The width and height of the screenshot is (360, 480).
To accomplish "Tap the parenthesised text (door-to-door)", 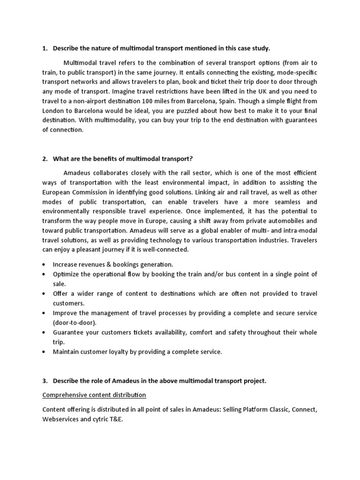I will pos(74,322).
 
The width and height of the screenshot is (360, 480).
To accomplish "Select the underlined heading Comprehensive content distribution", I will pos(94,395).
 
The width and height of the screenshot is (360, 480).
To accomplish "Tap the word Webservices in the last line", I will pos(61,419).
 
